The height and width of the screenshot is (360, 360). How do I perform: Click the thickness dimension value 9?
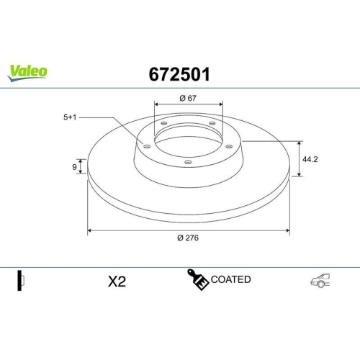(75, 167)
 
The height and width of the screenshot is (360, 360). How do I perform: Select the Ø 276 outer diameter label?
(189, 238)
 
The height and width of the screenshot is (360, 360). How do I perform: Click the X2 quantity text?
(117, 282)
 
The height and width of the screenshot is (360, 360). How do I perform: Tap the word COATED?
(231, 279)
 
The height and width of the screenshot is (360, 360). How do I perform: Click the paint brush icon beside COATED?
(197, 280)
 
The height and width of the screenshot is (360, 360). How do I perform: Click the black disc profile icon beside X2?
(21, 280)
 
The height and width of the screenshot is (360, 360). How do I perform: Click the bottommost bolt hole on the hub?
(188, 162)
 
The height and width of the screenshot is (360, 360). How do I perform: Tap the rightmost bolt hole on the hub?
(228, 147)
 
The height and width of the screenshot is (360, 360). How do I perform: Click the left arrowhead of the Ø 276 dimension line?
(90, 230)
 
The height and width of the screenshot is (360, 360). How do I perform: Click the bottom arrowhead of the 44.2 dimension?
(299, 174)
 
